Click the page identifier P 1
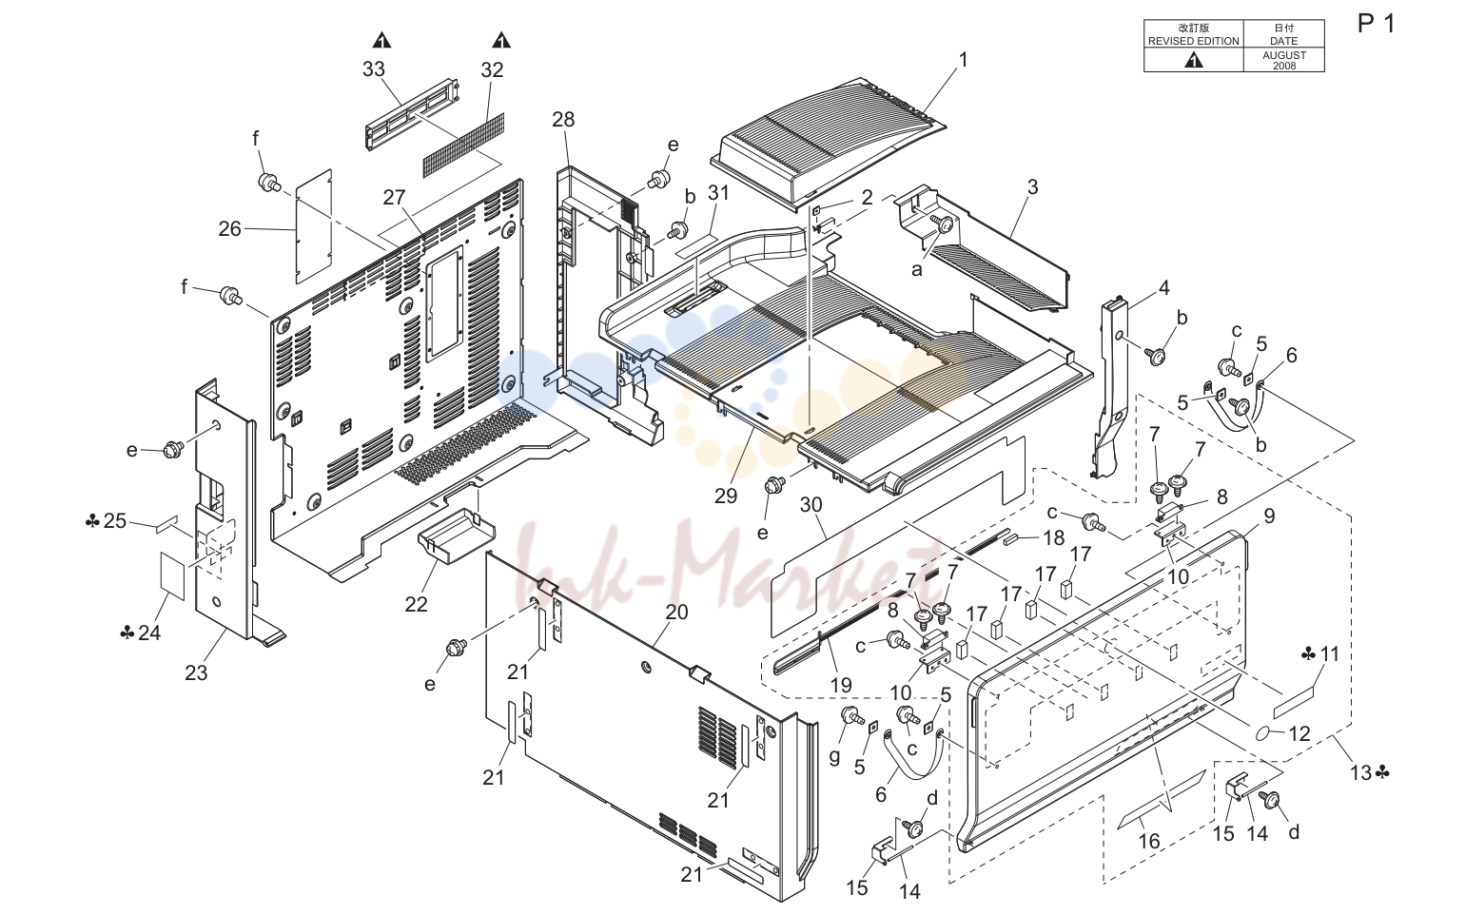1376,24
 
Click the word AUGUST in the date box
1284,55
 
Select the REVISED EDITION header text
1194,41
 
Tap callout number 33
374,69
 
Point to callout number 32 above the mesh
492,70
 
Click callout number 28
563,119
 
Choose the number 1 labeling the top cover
963,60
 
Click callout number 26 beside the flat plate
229,228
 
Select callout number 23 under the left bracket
196,672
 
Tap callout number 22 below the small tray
416,604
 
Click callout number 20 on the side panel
677,613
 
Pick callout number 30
811,505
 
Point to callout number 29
726,496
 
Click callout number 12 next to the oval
1299,734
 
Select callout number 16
1149,841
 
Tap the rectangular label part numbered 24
173,575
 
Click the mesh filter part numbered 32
463,146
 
